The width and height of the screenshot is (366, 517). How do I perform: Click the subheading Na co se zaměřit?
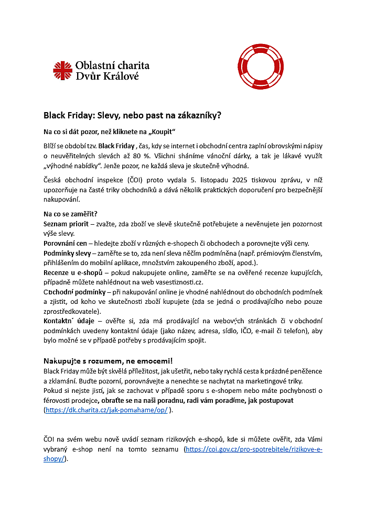[71, 214]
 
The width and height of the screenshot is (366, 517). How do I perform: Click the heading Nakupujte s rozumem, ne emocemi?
[108, 361]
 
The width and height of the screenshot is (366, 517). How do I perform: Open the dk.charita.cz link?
[106, 410]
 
